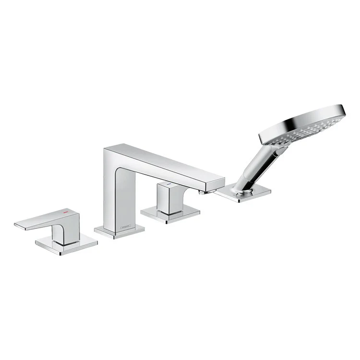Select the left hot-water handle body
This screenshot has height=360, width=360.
click(60, 230)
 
